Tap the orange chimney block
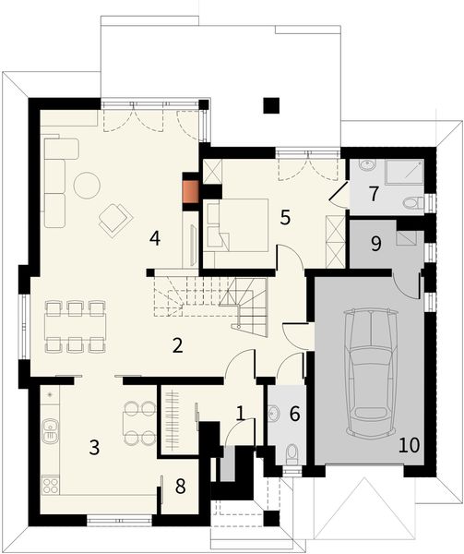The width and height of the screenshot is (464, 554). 191,190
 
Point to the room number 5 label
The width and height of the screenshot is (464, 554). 286,218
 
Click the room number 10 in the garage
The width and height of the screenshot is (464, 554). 409,445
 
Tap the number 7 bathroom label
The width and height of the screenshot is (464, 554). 374,195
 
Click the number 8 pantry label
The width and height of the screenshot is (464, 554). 181,485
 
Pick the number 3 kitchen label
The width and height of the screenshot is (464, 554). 94,449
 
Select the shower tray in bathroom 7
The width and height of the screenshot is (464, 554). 407,172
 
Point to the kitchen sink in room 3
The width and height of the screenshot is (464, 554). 50,428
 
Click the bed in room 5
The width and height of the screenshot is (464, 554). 238,223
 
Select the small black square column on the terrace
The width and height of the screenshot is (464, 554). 270,105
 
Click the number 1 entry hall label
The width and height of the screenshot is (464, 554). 240,413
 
